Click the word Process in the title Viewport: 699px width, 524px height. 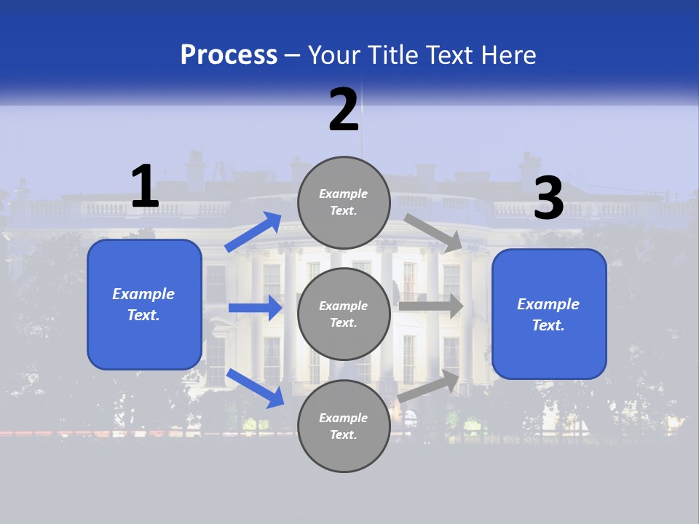229,55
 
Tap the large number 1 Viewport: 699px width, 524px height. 144,187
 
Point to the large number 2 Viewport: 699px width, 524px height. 344,110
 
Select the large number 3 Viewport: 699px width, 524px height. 548,198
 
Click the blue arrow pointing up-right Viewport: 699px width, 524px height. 253,231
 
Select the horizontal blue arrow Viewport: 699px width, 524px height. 255,308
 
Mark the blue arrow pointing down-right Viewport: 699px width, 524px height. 255,387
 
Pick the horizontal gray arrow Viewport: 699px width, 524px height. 430,306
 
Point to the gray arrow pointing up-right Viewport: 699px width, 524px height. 429,385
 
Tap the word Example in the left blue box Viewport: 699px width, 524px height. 143,294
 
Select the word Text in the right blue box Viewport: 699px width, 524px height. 548,325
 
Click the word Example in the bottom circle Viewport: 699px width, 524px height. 344,418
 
